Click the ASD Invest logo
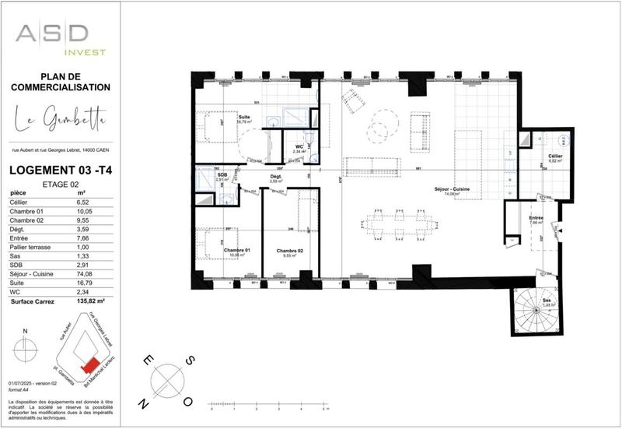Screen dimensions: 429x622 pos(62,38)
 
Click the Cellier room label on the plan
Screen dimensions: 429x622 pos(554,157)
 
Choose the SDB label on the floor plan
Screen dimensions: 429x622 pos(222,175)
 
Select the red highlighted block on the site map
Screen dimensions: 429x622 pos(92,364)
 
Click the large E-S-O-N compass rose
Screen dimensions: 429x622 pos(166,381)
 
